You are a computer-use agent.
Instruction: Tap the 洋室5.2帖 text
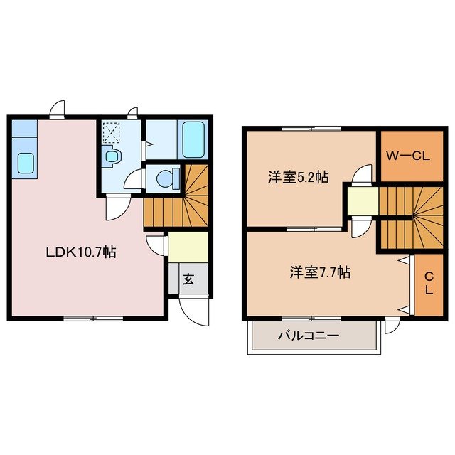(298, 178)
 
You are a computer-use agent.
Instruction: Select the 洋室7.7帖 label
(319, 272)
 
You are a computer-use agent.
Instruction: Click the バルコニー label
(309, 336)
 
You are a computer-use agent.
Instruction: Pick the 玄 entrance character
(188, 279)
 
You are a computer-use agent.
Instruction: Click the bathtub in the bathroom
(193, 139)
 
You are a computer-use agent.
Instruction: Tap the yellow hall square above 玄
(188, 247)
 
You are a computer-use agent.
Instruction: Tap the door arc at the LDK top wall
(58, 109)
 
